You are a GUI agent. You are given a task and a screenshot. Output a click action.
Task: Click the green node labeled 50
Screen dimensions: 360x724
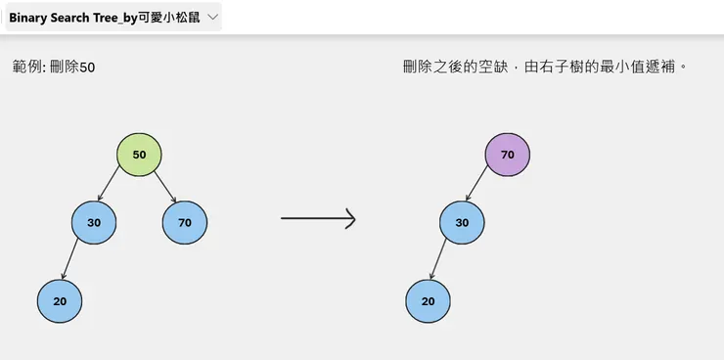click(139, 155)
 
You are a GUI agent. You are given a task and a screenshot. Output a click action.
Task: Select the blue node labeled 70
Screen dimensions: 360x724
click(185, 222)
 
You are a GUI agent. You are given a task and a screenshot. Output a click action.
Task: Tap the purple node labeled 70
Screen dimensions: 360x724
click(507, 155)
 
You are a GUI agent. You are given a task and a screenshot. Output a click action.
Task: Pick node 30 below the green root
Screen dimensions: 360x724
click(94, 222)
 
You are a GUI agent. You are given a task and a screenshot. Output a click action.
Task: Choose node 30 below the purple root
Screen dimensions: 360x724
click(462, 222)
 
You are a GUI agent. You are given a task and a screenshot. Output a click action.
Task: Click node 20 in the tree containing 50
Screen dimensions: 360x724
click(60, 300)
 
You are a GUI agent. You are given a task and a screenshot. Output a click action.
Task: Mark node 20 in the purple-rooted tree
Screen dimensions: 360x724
click(428, 300)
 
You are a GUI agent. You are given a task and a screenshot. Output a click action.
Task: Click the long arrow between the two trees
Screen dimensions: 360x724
click(318, 219)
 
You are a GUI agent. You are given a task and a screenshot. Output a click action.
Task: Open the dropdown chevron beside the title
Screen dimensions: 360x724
click(213, 18)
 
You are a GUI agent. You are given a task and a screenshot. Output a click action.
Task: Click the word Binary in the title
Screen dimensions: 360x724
click(29, 18)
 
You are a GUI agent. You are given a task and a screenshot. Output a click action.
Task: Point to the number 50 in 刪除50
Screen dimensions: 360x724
click(87, 67)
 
